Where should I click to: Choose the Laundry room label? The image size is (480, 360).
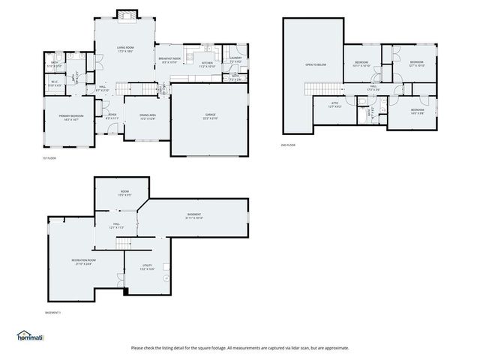[235, 59]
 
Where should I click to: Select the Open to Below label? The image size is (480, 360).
[315, 65]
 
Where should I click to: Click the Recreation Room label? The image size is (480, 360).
[81, 262]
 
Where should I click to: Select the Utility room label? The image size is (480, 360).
[148, 268]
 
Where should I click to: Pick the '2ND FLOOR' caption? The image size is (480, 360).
[289, 144]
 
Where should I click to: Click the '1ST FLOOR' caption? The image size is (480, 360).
[49, 158]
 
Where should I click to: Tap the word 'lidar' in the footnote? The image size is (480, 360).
[302, 348]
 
